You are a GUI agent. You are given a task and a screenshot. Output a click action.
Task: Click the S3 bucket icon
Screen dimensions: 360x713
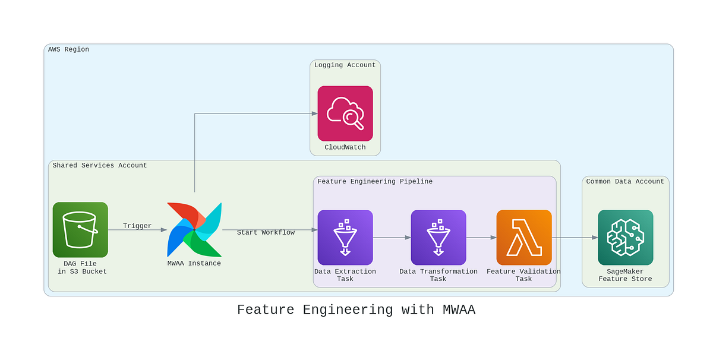(80, 230)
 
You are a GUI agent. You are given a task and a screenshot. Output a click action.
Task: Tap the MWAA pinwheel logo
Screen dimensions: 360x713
(194, 230)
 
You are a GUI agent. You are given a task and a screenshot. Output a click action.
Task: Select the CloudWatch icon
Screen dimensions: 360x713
(345, 113)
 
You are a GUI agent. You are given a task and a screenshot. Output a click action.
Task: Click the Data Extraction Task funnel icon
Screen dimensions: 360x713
(345, 238)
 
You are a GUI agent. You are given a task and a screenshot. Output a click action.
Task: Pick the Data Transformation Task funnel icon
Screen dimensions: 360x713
(438, 238)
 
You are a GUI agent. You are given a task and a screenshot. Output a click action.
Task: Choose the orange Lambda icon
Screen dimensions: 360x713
(524, 238)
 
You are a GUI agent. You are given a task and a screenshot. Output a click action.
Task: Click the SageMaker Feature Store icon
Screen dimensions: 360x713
(625, 238)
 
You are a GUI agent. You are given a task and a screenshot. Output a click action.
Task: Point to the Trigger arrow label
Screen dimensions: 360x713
(137, 226)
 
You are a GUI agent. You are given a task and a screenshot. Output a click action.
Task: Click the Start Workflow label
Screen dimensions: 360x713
(266, 232)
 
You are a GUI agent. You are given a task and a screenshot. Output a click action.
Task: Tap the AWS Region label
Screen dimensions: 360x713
(68, 49)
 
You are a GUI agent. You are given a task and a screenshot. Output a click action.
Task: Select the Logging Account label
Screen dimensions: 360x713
(345, 65)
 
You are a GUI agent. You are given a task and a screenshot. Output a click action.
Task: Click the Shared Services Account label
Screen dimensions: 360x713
(99, 165)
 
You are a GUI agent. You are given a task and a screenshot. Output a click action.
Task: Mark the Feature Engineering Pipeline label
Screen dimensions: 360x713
(375, 181)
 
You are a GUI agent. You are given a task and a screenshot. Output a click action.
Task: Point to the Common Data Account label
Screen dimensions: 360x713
(625, 181)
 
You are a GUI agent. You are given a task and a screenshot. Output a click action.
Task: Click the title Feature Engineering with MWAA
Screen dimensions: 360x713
(356, 310)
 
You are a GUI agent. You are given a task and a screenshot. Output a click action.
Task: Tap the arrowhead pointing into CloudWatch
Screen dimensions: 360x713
(314, 113)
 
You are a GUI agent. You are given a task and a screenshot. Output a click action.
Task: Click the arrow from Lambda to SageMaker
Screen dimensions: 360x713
(575, 238)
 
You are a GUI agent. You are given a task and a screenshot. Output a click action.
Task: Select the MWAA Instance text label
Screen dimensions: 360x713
(194, 263)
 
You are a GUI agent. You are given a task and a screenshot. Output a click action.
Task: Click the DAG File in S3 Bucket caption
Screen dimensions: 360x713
(80, 267)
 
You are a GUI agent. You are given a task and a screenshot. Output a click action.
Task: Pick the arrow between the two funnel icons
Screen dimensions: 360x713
(392, 238)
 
